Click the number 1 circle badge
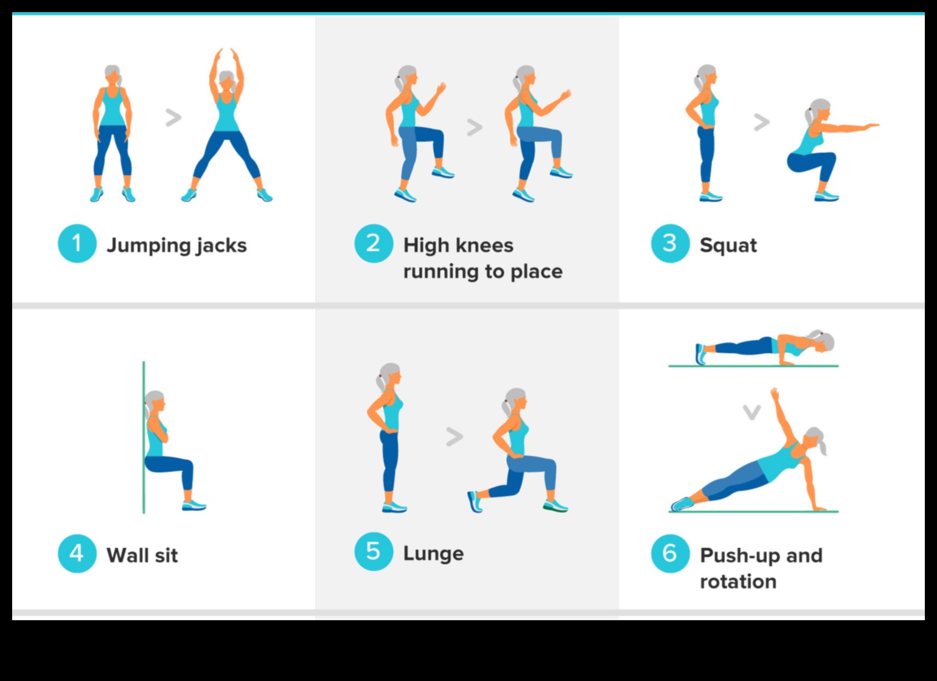click(x=77, y=244)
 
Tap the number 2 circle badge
click(x=374, y=244)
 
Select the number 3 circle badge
click(x=670, y=244)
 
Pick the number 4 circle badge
click(x=77, y=553)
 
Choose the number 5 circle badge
click(x=374, y=551)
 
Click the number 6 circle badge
click(x=670, y=553)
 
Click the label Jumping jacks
click(x=176, y=246)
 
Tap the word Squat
click(x=728, y=246)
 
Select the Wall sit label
click(x=142, y=555)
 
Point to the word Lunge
click(x=433, y=553)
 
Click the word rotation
click(x=738, y=581)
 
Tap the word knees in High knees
click(x=484, y=245)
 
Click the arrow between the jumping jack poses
click(x=173, y=117)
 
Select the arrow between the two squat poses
click(x=762, y=122)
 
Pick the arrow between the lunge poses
click(x=455, y=436)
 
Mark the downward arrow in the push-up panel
click(x=752, y=413)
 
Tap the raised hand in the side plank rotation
click(x=774, y=393)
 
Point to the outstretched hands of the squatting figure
click(x=871, y=126)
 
